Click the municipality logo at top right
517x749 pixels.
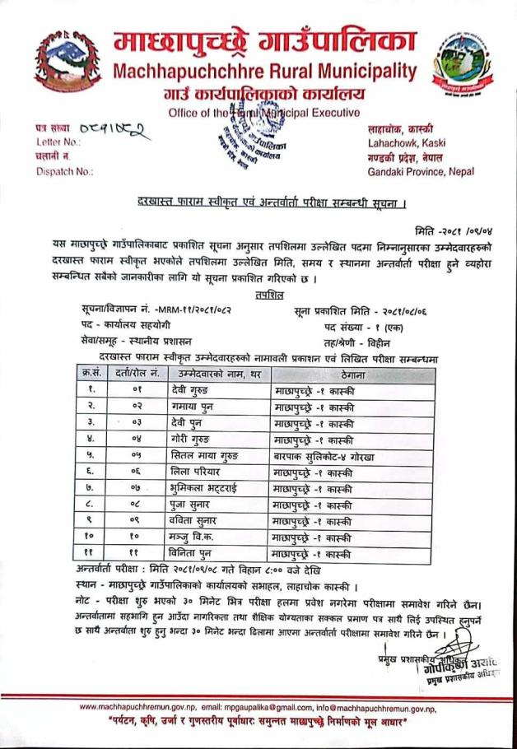tap(463, 63)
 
